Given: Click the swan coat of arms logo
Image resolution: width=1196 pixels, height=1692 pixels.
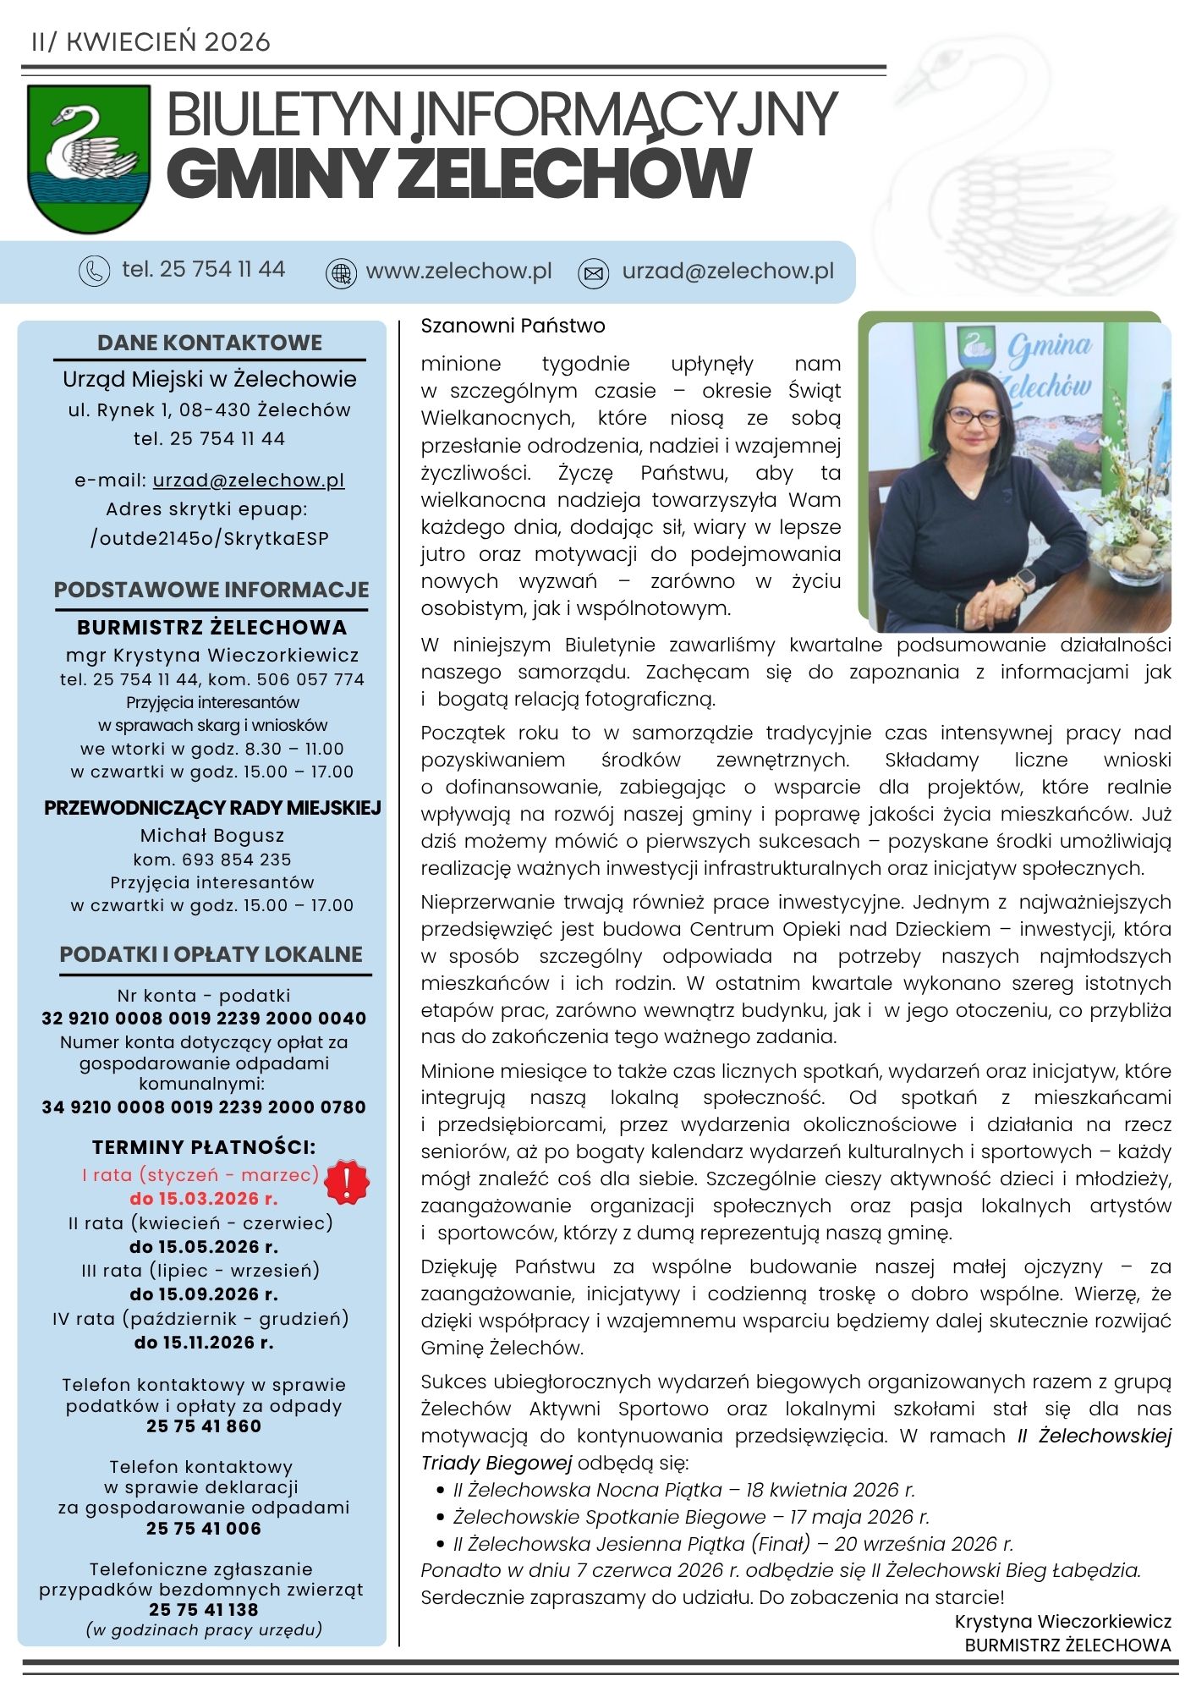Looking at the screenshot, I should tap(89, 158).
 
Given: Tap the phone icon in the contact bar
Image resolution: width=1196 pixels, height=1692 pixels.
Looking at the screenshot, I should tap(94, 272).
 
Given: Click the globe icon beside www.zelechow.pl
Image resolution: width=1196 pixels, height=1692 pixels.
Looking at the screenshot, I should tap(341, 272).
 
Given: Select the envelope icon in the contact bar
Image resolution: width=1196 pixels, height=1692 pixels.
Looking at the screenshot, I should tap(594, 273).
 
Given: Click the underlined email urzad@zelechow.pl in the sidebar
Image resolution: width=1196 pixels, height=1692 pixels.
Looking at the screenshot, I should tap(249, 481).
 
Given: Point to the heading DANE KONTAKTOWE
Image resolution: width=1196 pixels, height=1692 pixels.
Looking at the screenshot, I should tap(210, 343).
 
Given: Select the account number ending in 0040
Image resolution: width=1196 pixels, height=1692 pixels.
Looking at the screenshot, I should tap(204, 1019).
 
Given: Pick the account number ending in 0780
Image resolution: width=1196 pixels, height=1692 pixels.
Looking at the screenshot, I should tap(204, 1107).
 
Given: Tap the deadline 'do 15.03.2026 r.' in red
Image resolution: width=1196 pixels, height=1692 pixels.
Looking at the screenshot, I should tap(203, 1199).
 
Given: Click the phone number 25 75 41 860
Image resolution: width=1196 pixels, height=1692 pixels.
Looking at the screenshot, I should tap(204, 1426).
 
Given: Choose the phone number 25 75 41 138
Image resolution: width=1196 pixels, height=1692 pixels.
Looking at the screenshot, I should tap(203, 1610).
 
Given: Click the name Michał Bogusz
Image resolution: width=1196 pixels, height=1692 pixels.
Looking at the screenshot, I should tap(212, 836).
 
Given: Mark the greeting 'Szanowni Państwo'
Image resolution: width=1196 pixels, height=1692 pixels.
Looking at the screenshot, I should tap(513, 327).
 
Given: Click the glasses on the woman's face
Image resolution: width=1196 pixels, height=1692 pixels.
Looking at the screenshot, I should tap(974, 416).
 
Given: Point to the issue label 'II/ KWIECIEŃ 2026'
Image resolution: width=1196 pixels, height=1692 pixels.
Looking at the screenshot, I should tap(151, 42).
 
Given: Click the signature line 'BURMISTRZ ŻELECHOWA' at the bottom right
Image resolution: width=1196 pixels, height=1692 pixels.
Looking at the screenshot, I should tap(1067, 1645).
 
